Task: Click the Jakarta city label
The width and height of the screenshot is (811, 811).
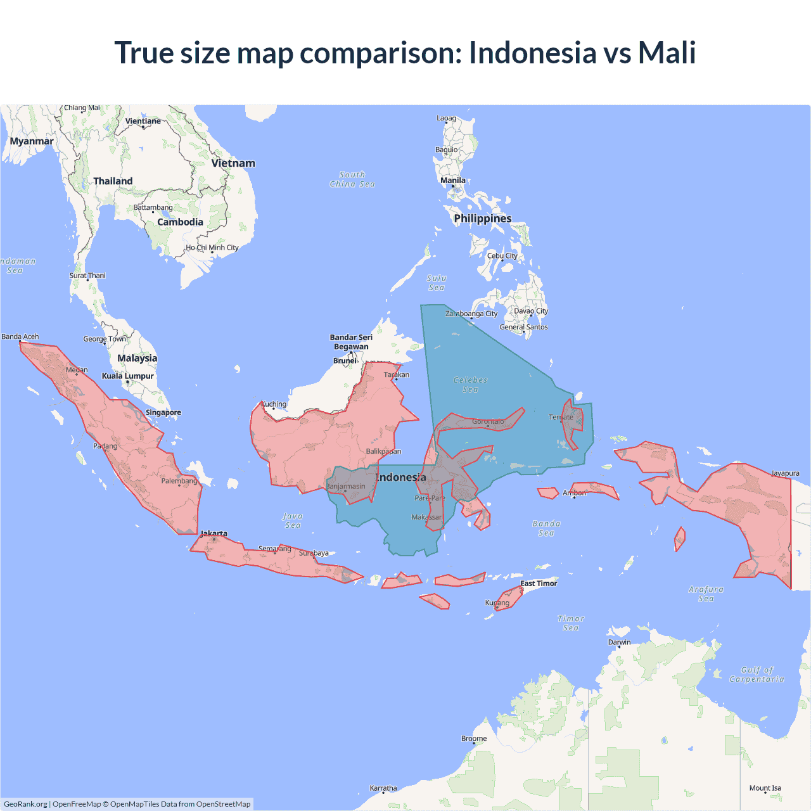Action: coord(214,533)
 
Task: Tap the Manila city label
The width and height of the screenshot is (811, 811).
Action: coord(453,181)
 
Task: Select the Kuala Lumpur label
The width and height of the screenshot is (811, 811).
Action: coord(128,376)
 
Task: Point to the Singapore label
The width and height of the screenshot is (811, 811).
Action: coord(163,412)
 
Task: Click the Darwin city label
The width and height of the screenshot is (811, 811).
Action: coord(620,642)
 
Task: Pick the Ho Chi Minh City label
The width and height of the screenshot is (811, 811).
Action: coord(212,248)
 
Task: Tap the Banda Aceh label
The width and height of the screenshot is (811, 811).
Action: coord(20,336)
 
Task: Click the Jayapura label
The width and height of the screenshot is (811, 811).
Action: coord(786,473)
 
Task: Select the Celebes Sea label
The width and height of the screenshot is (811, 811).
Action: coord(471,385)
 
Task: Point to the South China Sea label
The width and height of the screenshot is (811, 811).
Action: coord(352,179)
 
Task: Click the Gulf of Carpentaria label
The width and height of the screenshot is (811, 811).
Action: coord(757,674)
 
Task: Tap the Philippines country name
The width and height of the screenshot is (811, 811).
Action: coord(483,219)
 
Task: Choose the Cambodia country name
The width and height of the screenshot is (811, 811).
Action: coord(181,222)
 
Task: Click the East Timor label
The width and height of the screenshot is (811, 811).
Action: coord(539,584)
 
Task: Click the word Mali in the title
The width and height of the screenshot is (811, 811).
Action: coord(667,53)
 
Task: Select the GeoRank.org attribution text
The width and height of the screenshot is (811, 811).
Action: coord(25,804)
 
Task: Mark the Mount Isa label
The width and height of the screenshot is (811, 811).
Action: coord(765,788)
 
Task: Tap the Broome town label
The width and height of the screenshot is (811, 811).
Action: coord(474,738)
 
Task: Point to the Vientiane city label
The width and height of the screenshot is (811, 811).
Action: coord(143,121)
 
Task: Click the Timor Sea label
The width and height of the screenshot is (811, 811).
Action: coord(571,623)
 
